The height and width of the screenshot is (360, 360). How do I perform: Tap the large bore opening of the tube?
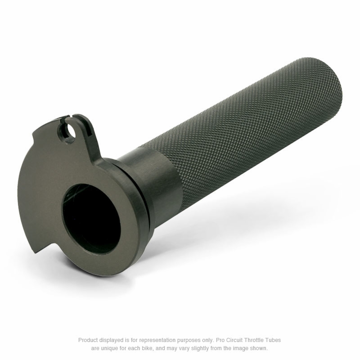[91, 218]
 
